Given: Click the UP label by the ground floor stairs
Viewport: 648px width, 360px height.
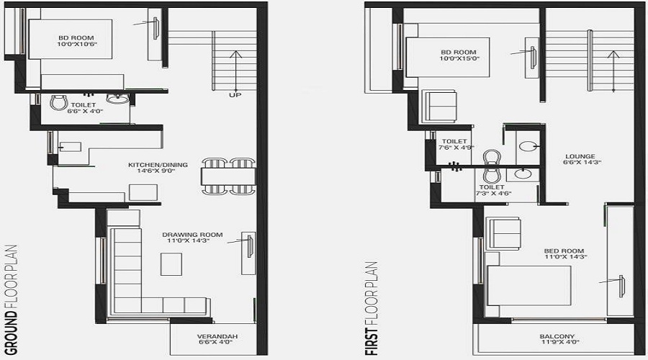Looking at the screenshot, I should coord(235,95).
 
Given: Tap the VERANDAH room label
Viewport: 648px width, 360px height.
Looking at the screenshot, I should coord(217,337).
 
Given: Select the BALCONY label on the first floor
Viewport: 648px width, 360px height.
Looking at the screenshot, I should coord(557,336).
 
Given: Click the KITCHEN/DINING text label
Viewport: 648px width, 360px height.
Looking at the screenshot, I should coord(158,165).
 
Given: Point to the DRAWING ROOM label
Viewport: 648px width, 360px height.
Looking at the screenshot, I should coord(192,235).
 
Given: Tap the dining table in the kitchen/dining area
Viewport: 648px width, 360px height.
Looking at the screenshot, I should coord(228,176).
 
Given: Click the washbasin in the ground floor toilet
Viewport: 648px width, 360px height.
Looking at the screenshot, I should coord(115,99).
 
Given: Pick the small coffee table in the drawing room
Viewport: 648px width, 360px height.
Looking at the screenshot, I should coord(171,264).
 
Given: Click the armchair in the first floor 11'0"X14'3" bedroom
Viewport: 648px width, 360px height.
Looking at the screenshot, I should coord(503,233).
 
